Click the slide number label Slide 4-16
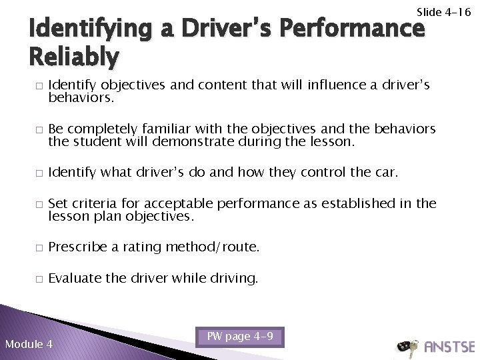click(x=443, y=12)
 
